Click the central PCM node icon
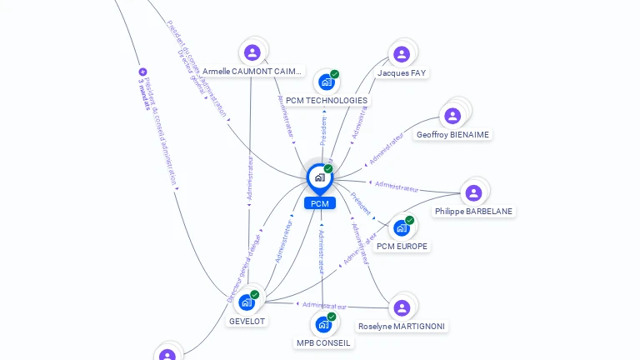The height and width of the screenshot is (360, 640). [x=319, y=177]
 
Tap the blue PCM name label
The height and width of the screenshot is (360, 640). [x=319, y=203]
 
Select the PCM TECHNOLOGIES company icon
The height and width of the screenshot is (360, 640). [x=326, y=82]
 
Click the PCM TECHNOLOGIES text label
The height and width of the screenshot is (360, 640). [x=326, y=101]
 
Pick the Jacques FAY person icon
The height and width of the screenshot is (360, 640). [x=402, y=54]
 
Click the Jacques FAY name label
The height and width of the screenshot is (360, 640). [x=402, y=73]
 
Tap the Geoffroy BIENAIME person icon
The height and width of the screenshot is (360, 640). [x=452, y=116]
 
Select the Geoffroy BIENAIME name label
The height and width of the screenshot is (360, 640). [x=452, y=135]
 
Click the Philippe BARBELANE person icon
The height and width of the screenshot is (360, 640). [x=473, y=193]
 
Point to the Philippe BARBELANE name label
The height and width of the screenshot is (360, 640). [x=473, y=212]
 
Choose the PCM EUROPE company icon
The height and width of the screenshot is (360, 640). [x=402, y=227]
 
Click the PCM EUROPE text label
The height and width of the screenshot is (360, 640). [x=402, y=247]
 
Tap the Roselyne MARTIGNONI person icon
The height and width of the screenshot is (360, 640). [x=402, y=307]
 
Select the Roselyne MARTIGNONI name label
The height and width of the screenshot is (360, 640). [x=402, y=327]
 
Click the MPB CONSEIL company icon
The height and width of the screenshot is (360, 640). [x=323, y=324]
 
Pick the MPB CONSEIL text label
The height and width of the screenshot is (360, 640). [x=323, y=342]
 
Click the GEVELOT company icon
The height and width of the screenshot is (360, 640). [x=247, y=302]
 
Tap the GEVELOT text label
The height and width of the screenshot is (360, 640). [x=247, y=321]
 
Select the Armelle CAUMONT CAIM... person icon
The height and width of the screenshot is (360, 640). [x=252, y=52]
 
